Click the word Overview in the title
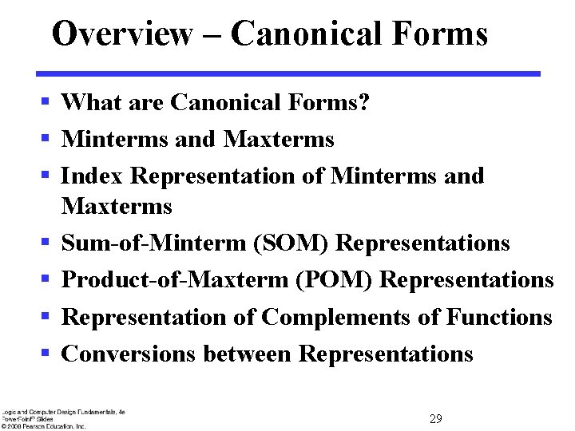(x=122, y=34)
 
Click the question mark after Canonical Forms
(x=364, y=102)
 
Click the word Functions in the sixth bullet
(x=499, y=317)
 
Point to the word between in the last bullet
(x=247, y=354)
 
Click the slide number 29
(x=436, y=419)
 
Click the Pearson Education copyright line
(x=44, y=426)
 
